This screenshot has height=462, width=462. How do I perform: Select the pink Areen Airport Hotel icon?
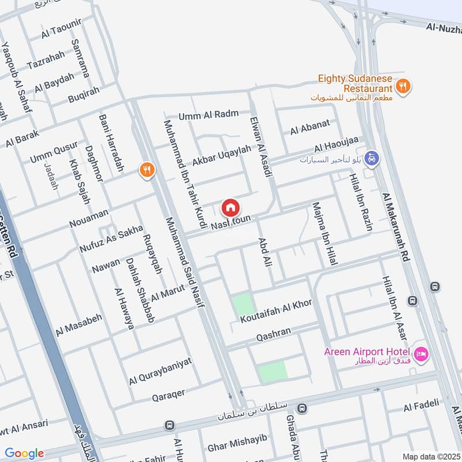pyautogui.click(x=420, y=353)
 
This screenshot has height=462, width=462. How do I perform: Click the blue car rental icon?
pyautogui.click(x=372, y=158)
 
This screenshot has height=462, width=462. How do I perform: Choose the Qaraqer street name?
pyautogui.click(x=168, y=396)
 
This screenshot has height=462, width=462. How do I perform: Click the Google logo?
pyautogui.click(x=24, y=453)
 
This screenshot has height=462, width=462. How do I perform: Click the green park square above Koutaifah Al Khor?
pyautogui.click(x=243, y=304)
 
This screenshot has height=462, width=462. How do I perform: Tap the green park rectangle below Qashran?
pyautogui.click(x=271, y=372)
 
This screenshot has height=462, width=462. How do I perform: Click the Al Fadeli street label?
pyautogui.click(x=421, y=407)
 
